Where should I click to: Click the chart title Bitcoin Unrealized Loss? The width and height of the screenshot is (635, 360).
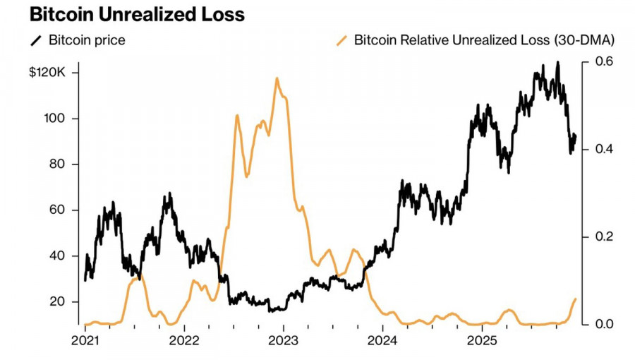pyautogui.click(x=127, y=14)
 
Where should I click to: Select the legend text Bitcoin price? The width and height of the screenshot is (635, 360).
pyautogui.click(x=87, y=40)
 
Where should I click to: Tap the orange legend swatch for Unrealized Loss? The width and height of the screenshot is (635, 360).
pyautogui.click(x=342, y=40)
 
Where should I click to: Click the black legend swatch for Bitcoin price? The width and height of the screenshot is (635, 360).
pyautogui.click(x=35, y=40)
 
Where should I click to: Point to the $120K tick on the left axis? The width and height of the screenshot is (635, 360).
pyautogui.click(x=47, y=73)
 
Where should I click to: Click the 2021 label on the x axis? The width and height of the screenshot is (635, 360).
pyautogui.click(x=85, y=341)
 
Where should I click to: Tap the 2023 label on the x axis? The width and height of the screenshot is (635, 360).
pyautogui.click(x=283, y=341)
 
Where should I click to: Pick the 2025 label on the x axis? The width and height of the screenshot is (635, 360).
pyautogui.click(x=481, y=341)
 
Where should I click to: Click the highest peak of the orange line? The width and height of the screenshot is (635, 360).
pyautogui.click(x=277, y=78)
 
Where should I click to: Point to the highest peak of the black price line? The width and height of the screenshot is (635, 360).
pyautogui.click(x=558, y=63)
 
